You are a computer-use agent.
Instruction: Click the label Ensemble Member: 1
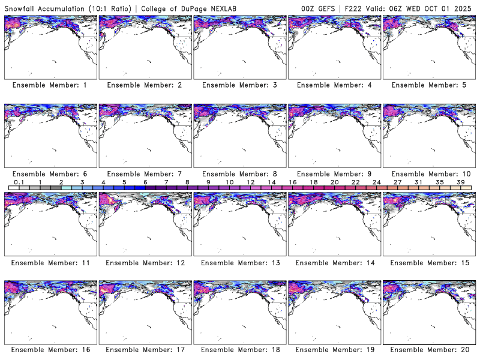(x=50, y=85)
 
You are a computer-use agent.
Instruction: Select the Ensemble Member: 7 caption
(x=144, y=173)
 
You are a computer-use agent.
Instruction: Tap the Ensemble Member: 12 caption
(x=144, y=262)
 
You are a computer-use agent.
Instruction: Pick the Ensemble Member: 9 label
(x=334, y=173)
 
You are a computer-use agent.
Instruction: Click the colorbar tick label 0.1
(x=19, y=182)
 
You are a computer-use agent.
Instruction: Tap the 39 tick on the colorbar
(x=461, y=182)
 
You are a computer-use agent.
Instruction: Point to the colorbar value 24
(x=377, y=182)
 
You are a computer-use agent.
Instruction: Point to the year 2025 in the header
(x=466, y=8)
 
